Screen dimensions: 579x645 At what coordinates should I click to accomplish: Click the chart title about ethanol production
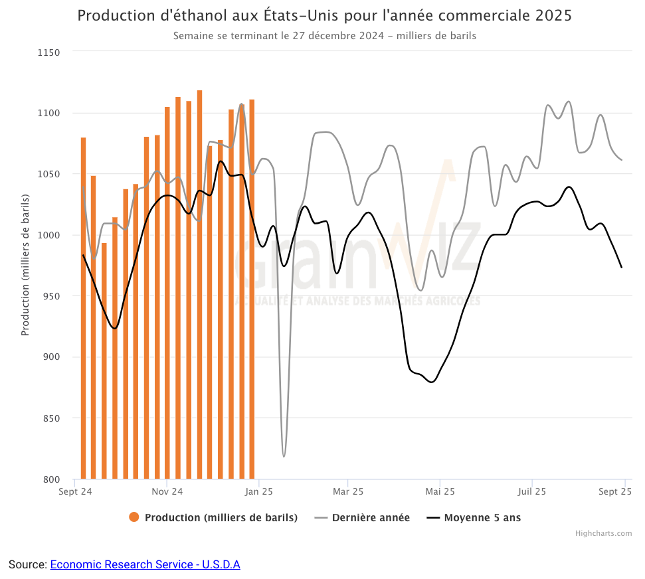click(x=324, y=16)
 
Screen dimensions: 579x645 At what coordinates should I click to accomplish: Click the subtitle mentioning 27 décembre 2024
click(x=324, y=36)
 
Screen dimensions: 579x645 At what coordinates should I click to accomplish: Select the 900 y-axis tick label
click(x=50, y=357)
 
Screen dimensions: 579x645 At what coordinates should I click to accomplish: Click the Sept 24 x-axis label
click(x=75, y=492)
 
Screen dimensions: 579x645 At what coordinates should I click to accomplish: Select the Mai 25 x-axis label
click(x=440, y=492)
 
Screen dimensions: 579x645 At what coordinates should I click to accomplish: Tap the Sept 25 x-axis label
click(x=616, y=492)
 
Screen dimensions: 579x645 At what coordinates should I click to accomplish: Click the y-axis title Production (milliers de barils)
click(x=25, y=266)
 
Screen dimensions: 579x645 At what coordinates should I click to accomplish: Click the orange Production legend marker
click(x=134, y=518)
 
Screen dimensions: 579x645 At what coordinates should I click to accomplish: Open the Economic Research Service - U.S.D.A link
click(x=145, y=564)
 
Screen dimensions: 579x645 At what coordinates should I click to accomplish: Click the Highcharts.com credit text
click(x=603, y=533)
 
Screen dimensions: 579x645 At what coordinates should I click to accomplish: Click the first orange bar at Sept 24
click(x=83, y=308)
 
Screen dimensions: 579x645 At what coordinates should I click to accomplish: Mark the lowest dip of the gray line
click(x=284, y=456)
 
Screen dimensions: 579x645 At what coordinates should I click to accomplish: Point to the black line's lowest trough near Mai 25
click(x=432, y=382)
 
